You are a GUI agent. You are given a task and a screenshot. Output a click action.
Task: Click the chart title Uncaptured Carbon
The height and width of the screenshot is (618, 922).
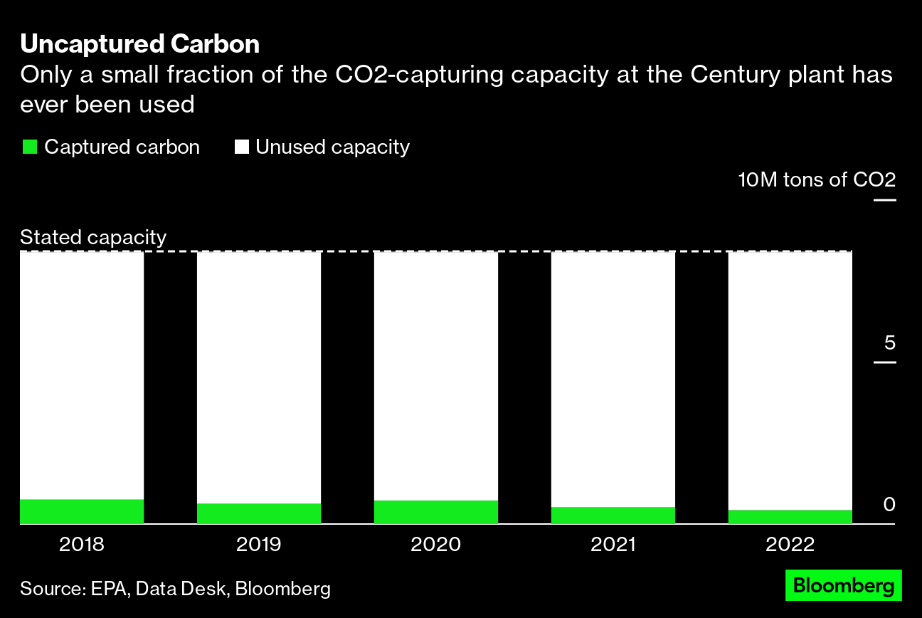[x=139, y=44]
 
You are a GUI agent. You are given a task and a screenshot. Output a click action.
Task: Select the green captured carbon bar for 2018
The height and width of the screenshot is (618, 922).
[x=82, y=511]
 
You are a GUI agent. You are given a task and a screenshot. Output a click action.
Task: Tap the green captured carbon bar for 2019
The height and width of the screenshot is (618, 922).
[x=259, y=513]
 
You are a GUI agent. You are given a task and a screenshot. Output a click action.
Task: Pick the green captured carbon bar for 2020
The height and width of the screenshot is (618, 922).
[x=435, y=512]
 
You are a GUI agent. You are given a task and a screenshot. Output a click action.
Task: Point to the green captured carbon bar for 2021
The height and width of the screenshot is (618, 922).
[x=613, y=515]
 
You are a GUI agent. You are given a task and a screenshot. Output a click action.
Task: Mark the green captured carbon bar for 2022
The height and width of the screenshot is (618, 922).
[x=790, y=517]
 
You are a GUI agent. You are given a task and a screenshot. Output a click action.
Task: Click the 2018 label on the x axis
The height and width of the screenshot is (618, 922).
[x=82, y=545]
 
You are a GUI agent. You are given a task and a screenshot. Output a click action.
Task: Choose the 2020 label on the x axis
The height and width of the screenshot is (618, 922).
[x=435, y=545]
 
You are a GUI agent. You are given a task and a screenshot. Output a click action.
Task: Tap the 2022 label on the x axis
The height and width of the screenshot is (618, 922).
[x=790, y=545]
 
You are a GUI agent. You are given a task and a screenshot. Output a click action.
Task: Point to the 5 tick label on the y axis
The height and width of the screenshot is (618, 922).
[x=889, y=343]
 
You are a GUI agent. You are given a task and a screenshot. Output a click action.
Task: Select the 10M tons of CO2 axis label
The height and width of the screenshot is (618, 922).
[x=817, y=179]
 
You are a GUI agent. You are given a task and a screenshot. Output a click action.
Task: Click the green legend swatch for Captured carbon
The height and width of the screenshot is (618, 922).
[x=29, y=147]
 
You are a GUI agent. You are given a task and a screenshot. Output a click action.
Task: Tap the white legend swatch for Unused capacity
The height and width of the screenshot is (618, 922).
[x=242, y=147]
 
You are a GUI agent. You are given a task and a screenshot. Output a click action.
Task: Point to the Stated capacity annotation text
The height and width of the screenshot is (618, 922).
[x=93, y=237]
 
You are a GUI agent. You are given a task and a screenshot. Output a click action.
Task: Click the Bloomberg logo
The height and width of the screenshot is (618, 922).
[x=843, y=585]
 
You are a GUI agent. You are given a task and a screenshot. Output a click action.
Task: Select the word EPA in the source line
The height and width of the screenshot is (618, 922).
[x=109, y=589]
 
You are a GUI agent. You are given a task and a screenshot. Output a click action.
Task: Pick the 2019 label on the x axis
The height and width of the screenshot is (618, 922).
[x=259, y=545]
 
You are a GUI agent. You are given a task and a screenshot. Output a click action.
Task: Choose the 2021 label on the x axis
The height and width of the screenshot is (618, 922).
[x=613, y=545]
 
